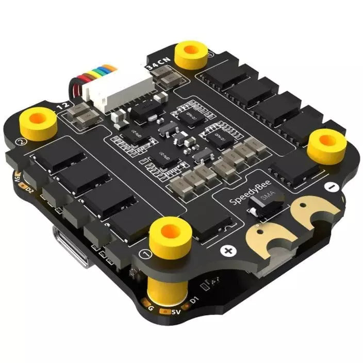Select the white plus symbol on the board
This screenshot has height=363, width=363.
(x=227, y=251)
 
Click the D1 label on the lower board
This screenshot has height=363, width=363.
(x=192, y=300)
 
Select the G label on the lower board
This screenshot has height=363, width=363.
(x=151, y=308)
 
